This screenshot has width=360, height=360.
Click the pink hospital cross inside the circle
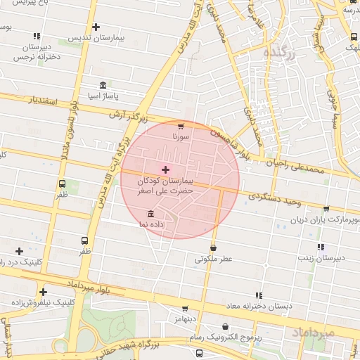pos(165,169)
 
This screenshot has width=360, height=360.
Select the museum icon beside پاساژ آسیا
pos(103,84)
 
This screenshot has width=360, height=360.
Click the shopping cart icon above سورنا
pos(181,126)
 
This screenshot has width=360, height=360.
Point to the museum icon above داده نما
pos(150,214)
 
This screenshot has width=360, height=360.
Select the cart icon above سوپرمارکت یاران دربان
pos(326,209)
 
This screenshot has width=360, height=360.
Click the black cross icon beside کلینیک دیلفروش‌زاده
pos(44,292)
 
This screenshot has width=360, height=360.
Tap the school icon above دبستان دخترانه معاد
pos(259,295)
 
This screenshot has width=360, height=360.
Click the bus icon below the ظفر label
pos(84,240)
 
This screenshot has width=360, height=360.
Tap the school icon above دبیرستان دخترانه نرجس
pos(37,36)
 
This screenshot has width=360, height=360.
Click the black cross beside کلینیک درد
pos(19,251)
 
